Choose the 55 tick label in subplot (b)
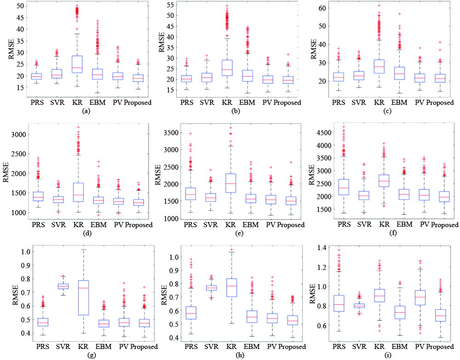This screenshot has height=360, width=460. (172, 5)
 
